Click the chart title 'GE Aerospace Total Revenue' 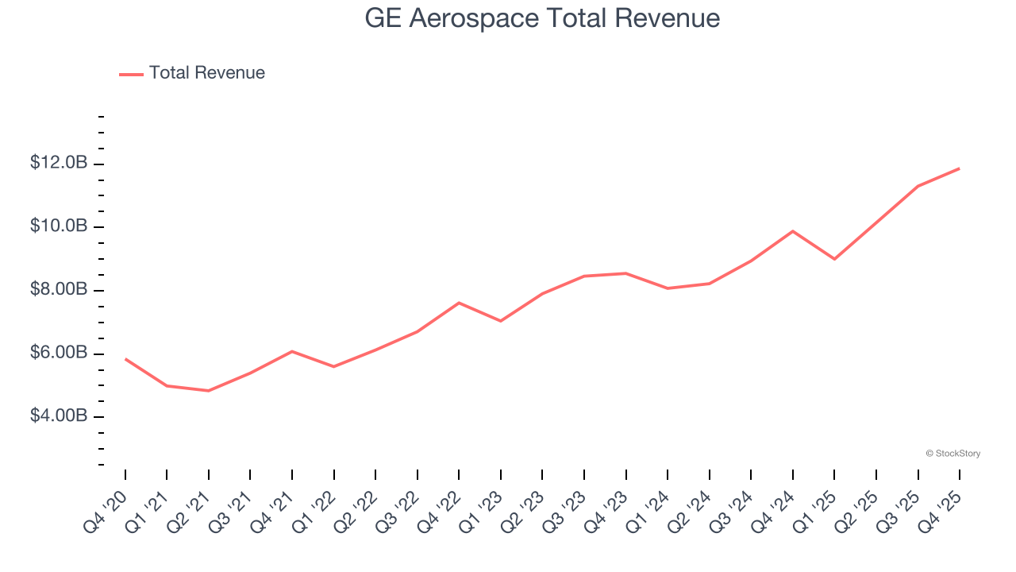pos(542,18)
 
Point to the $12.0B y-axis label pos(59,163)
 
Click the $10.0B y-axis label pos(59,226)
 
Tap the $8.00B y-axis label pos(59,289)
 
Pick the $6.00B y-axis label pos(59,353)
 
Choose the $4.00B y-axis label pos(59,415)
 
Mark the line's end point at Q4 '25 pos(959,168)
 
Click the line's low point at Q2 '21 pos(208,391)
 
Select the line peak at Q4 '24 pos(792,231)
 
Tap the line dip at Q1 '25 pos(834,259)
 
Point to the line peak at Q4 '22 pos(459,303)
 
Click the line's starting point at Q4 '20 pos(125,359)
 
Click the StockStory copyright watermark pos(952,454)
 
